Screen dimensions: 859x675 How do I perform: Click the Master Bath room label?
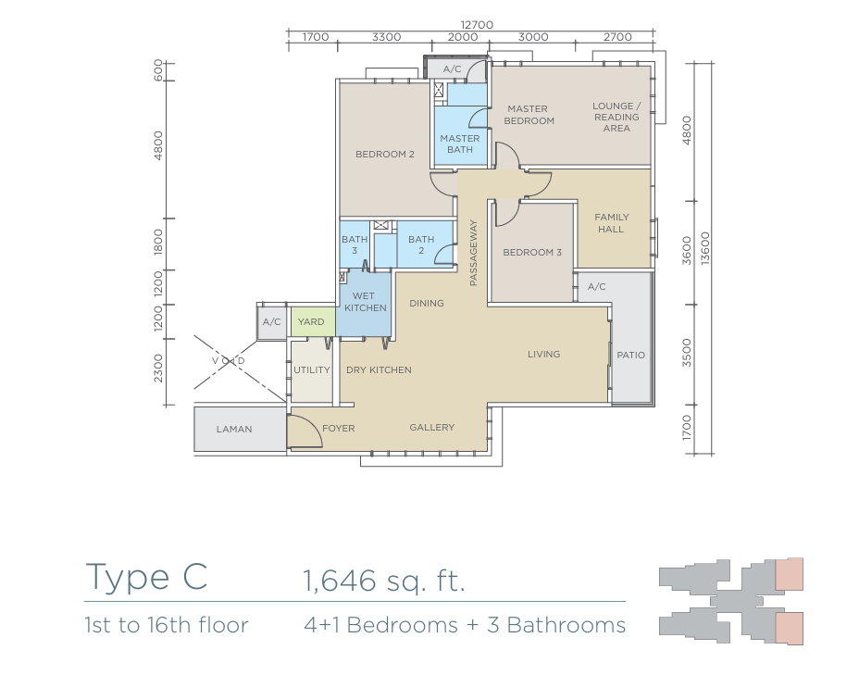(x=460, y=144)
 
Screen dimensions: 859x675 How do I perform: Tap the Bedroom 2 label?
(x=384, y=154)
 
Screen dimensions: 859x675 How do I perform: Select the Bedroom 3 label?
(x=532, y=252)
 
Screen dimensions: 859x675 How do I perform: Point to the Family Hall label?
(x=611, y=223)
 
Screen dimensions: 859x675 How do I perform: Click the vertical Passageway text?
(x=473, y=253)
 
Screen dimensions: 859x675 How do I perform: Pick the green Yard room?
(x=312, y=322)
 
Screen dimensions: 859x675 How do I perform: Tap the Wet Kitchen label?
(x=365, y=302)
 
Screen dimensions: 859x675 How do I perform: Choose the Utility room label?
(x=312, y=369)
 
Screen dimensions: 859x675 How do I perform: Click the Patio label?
(x=630, y=355)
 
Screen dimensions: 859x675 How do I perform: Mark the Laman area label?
(x=234, y=429)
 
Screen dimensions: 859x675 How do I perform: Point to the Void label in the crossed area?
(x=229, y=360)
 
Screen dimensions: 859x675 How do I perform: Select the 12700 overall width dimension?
(x=477, y=25)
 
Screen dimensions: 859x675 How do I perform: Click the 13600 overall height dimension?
(x=705, y=248)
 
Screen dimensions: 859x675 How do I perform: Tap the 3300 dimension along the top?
(x=386, y=37)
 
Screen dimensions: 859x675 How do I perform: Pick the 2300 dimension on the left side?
(x=158, y=369)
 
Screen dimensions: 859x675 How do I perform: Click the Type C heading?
(x=147, y=578)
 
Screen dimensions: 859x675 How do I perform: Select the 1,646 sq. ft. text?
(x=384, y=581)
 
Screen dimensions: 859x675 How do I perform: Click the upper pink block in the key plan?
(x=789, y=574)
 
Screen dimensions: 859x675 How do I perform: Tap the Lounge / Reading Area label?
(x=616, y=117)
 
